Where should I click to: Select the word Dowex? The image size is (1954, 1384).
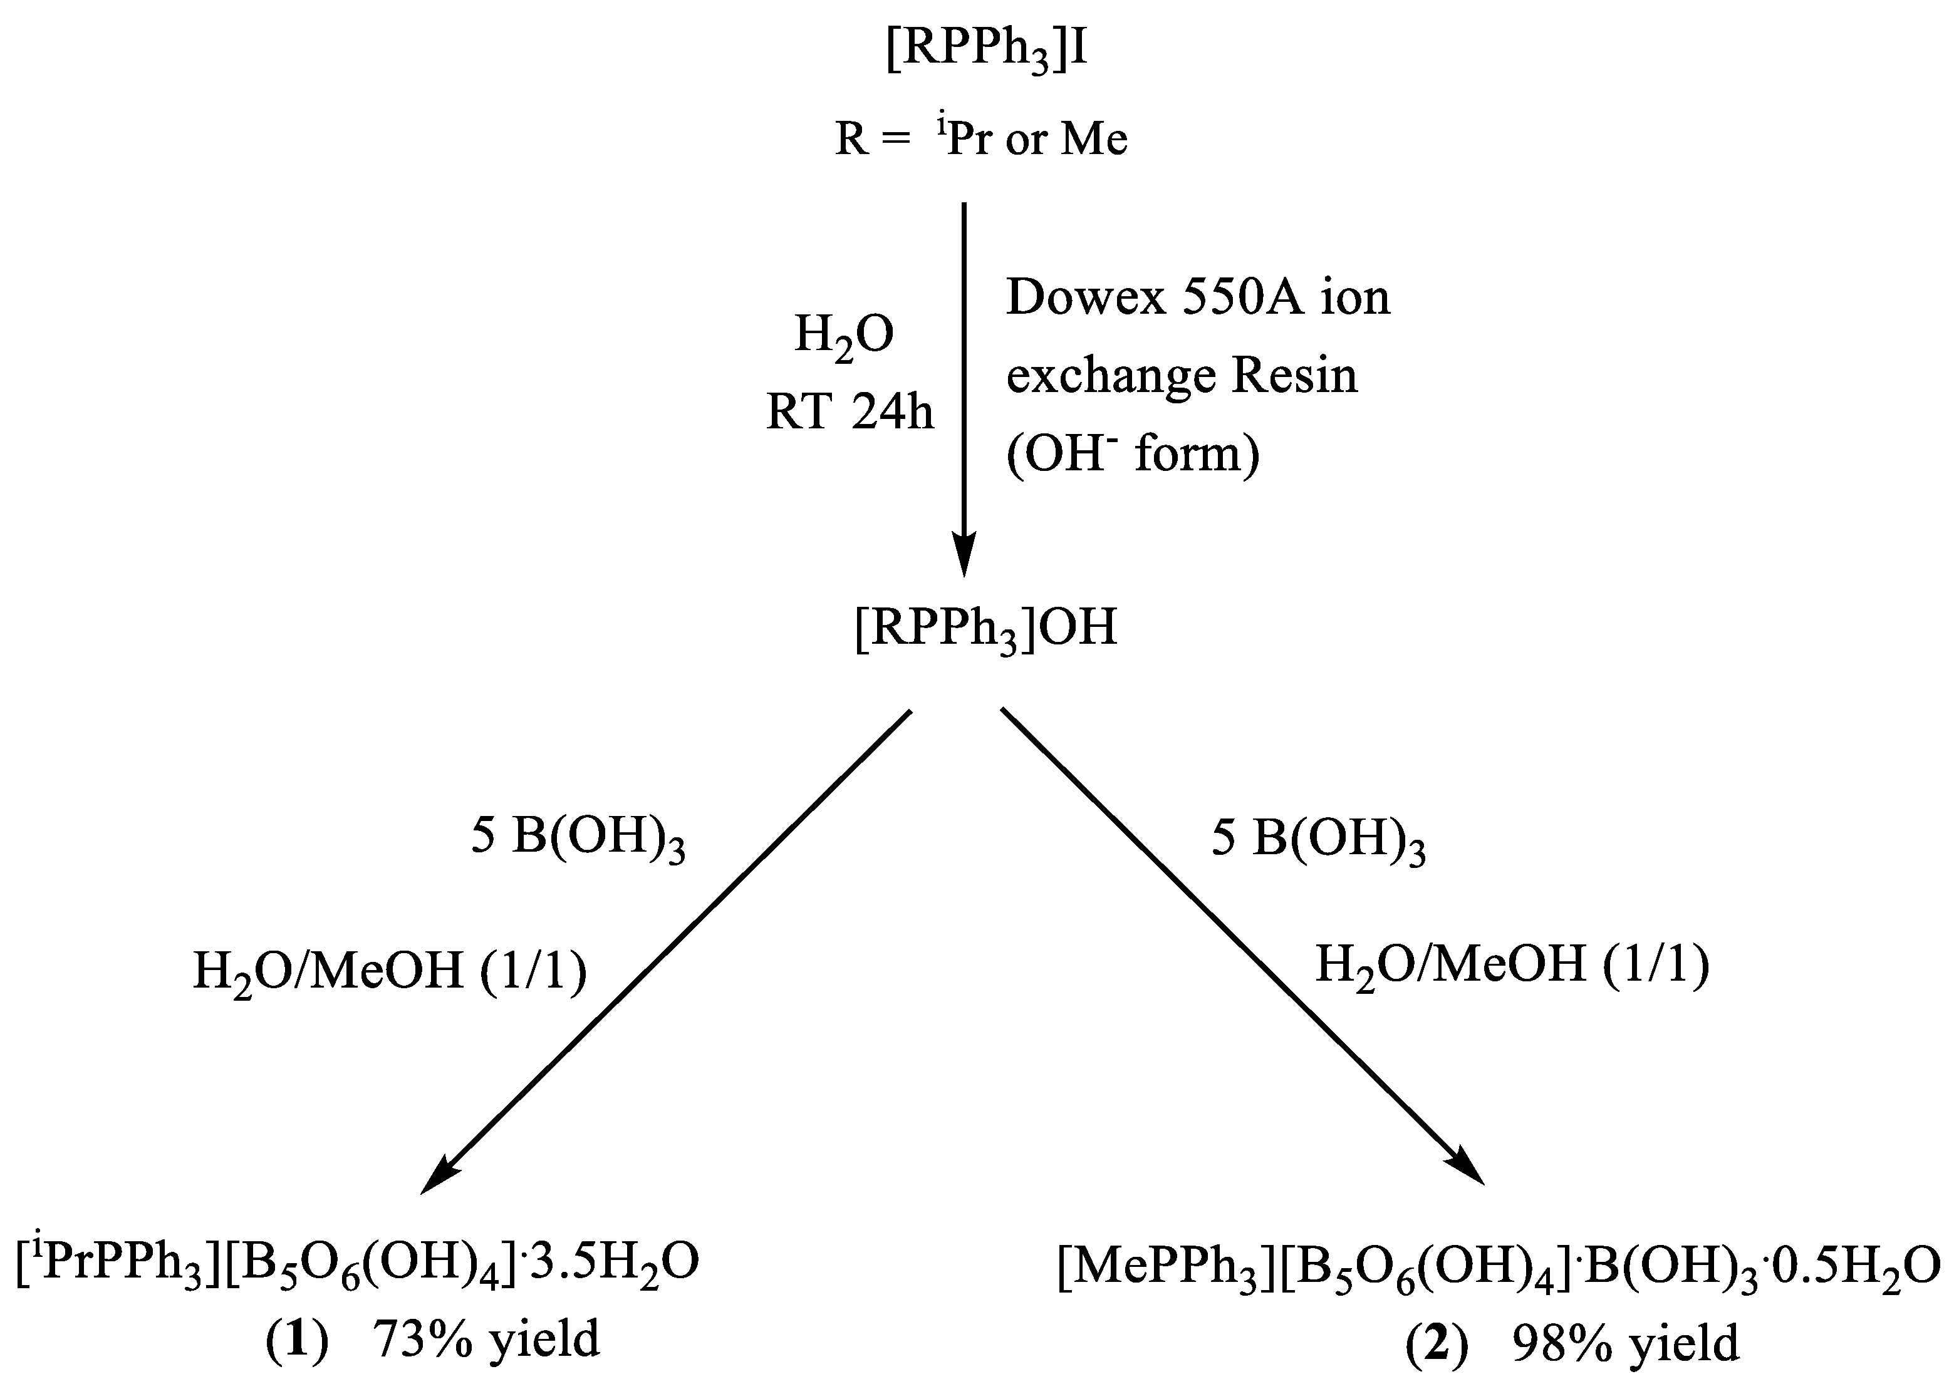coord(1085,298)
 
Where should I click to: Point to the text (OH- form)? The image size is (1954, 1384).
coord(1132,454)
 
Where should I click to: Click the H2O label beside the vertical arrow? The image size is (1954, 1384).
coord(844,336)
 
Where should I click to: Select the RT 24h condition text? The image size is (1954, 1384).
coord(850,413)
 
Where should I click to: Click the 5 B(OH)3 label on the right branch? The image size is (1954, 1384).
coord(1318,839)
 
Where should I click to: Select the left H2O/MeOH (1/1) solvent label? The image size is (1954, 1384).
coord(390,971)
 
